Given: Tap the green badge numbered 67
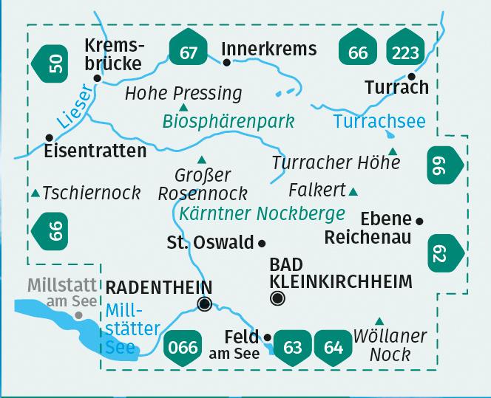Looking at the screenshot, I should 189,52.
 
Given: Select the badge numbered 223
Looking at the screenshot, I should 407,52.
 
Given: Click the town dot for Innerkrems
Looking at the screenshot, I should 227,62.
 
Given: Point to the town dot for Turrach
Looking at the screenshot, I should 412,76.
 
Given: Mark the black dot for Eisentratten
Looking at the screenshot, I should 49,137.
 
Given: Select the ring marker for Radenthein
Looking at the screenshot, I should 205,303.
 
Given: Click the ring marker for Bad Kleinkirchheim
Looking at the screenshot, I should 278,298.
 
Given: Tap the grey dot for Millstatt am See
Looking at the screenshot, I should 77,315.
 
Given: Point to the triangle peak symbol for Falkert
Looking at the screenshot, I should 353,192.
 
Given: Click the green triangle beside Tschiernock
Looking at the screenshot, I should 35,194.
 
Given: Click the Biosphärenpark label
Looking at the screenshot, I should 229,121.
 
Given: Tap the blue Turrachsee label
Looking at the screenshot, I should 379,122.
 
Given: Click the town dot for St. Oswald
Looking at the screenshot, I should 262,242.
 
